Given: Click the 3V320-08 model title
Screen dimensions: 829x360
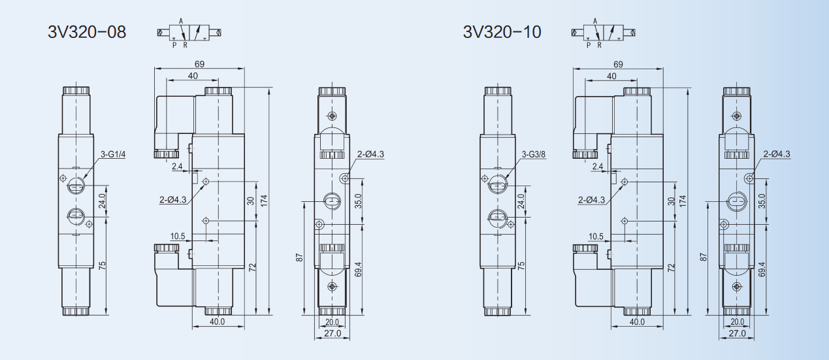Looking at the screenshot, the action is [x=87, y=32].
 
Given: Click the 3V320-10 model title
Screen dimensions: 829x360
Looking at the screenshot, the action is [x=502, y=32].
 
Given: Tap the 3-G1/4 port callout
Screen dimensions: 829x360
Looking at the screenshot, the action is [x=113, y=155].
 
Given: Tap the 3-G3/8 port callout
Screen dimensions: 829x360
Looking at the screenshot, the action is [x=534, y=154].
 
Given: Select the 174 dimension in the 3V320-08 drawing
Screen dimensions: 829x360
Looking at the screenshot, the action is [x=264, y=201].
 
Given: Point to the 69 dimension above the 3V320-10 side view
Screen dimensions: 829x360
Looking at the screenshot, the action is [x=618, y=65].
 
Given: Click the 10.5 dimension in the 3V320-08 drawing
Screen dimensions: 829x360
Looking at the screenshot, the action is [x=178, y=237].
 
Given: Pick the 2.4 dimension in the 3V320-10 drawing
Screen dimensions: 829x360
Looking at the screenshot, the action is [x=598, y=167].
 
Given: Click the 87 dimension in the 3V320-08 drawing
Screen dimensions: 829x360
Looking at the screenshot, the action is [x=300, y=257].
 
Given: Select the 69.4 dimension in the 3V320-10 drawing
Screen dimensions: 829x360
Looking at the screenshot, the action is [x=761, y=269].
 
